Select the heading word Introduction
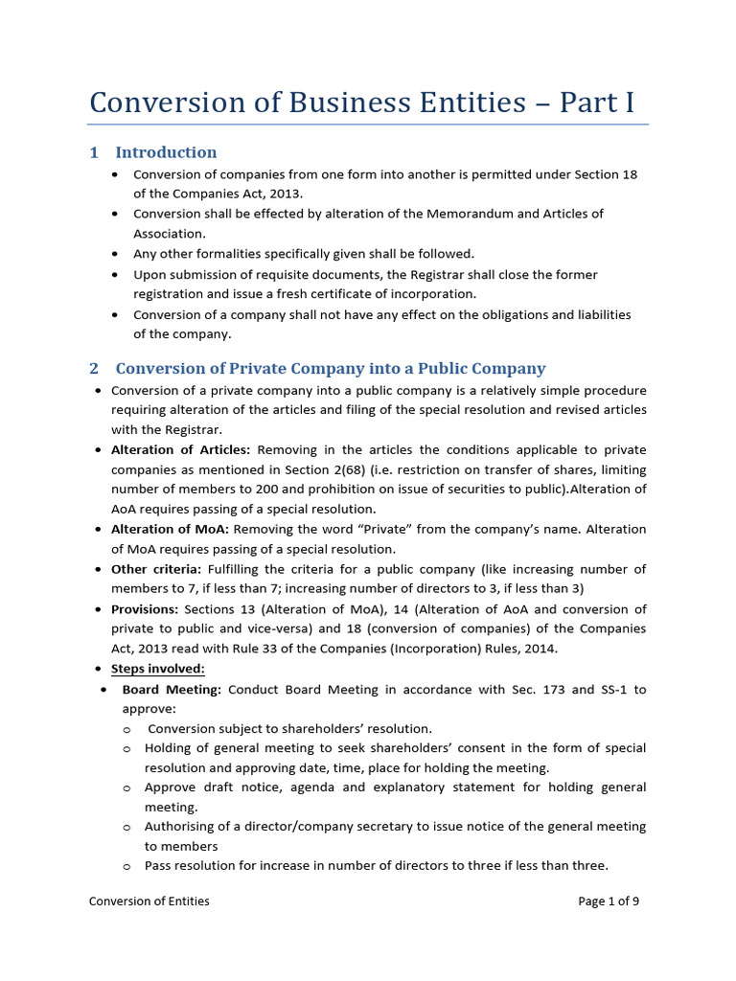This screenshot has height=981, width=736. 166,152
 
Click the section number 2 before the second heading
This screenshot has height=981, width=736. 94,368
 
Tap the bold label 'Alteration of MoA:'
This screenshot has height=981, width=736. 171,529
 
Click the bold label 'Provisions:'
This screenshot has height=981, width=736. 145,609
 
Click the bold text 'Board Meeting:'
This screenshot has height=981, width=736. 172,689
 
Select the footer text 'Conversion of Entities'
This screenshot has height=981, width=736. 149,901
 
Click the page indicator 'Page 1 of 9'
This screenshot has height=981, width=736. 609,901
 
